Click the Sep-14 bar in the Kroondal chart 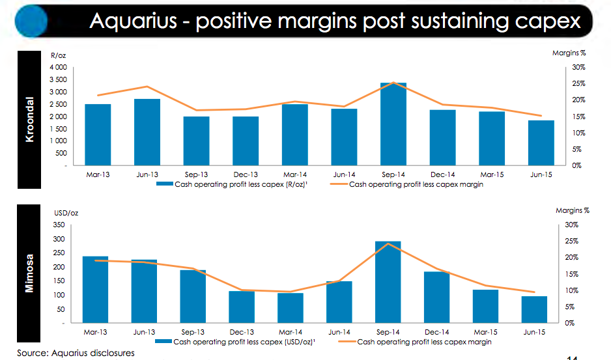[393, 124]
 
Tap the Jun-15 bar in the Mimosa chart [533, 309]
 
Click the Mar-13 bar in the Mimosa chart [95, 289]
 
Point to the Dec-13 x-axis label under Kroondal [246, 174]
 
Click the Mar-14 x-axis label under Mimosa [290, 331]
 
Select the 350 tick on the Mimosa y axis [58, 225]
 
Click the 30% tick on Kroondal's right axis [578, 68]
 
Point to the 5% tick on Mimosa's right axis [572, 307]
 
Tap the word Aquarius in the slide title [134, 21]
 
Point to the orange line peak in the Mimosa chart [388, 244]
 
